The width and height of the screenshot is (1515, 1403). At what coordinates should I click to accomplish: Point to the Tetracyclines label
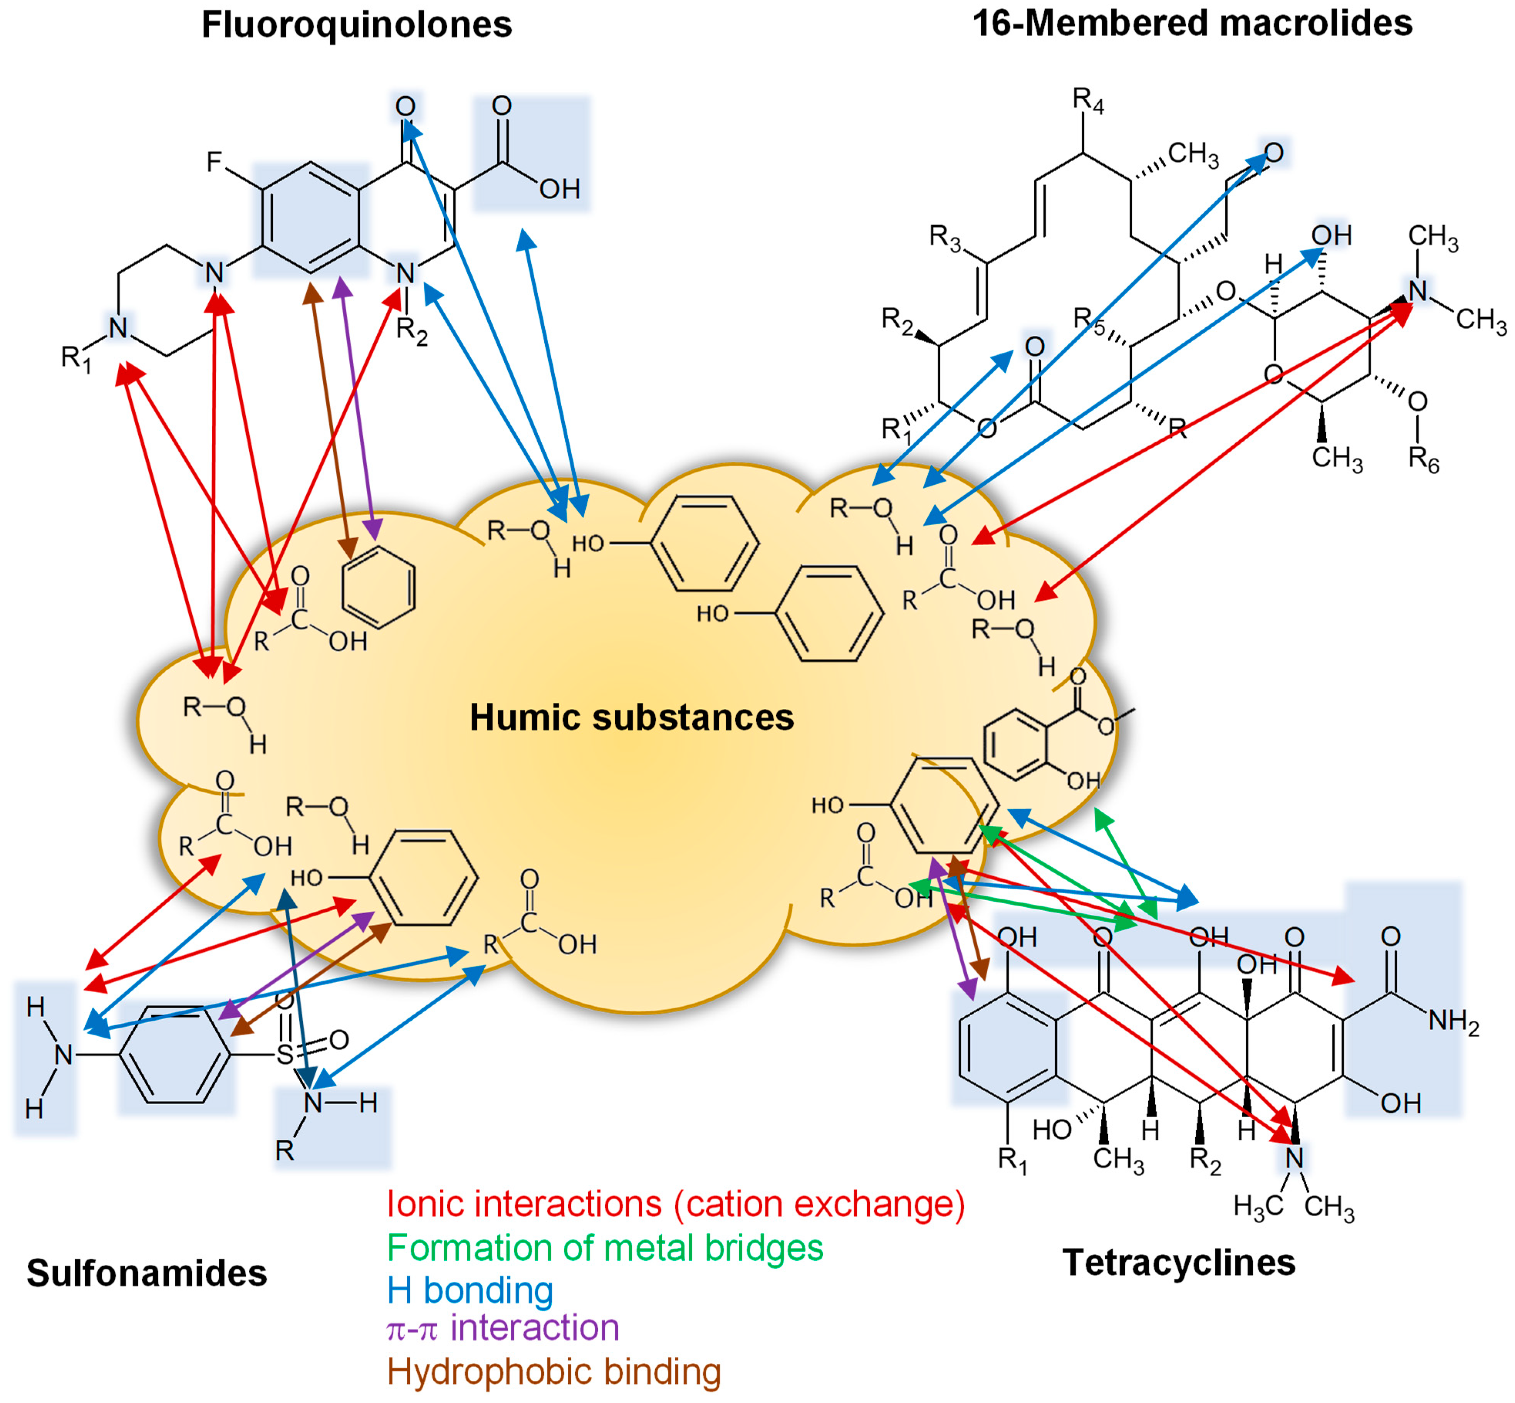[1179, 1262]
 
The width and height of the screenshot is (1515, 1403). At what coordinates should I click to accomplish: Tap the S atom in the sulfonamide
[284, 1054]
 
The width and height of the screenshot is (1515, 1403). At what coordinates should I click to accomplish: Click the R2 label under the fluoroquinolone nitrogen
[412, 332]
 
